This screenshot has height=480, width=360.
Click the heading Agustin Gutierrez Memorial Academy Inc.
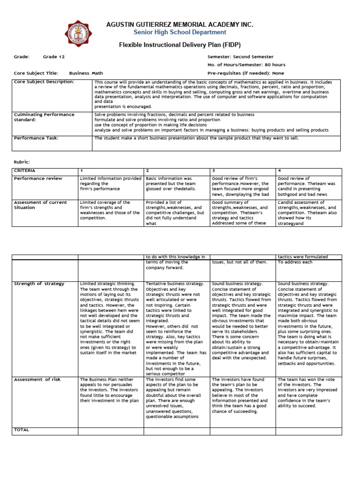click(180, 24)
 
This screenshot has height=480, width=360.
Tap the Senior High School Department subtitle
click(180, 32)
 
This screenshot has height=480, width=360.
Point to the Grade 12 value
click(54, 57)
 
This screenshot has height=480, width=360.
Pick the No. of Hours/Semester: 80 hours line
click(246, 65)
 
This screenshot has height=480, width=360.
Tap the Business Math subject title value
click(86, 73)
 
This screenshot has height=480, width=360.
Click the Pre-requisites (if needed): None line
click(246, 73)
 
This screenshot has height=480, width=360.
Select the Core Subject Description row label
click(44, 82)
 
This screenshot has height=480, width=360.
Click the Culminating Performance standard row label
click(44, 117)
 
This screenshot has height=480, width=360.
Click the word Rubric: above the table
click(22, 162)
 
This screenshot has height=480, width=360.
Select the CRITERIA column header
click(24, 171)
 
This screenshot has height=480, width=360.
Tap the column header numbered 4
click(279, 171)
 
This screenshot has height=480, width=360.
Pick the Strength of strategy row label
click(39, 284)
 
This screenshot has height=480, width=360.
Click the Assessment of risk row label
click(37, 380)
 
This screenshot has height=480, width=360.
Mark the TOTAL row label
click(22, 429)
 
